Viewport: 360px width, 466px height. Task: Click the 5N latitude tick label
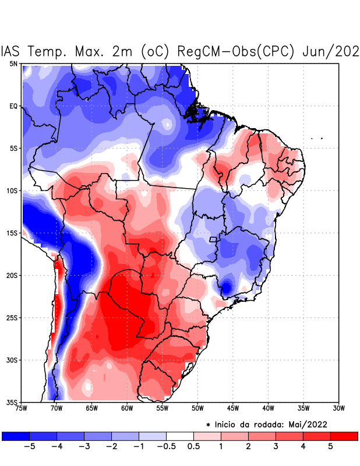tap(13, 63)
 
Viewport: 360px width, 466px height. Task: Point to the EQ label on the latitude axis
tap(13, 106)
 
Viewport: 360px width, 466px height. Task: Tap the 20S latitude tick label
tap(12, 276)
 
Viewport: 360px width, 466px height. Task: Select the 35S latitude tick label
tap(12, 403)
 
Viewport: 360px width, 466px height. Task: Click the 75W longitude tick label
tap(22, 408)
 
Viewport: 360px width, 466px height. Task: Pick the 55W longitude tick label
tap(162, 408)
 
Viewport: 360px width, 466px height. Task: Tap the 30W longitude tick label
tap(338, 408)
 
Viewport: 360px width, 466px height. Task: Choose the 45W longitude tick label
tap(232, 408)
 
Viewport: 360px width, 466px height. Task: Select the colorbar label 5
tap(330, 447)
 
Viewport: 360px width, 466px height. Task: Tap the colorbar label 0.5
tap(193, 447)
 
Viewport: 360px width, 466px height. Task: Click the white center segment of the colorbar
tap(180, 436)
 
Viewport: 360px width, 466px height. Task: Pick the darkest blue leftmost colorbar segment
tap(16, 436)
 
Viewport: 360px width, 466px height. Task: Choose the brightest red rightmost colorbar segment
tap(344, 436)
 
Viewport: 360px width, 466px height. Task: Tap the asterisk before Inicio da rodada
tap(208, 425)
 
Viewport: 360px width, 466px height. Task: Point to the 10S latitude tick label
tap(12, 191)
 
